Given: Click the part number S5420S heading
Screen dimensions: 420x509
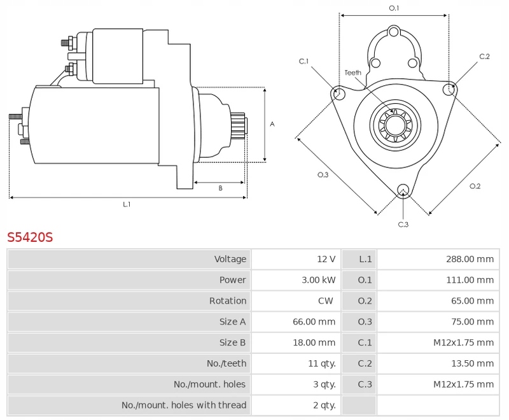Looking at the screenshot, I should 30,238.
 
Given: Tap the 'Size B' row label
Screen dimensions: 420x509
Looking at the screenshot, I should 232,342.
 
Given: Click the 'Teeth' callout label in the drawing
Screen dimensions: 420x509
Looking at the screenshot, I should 353,73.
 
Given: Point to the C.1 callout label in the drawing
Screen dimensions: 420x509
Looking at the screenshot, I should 304,61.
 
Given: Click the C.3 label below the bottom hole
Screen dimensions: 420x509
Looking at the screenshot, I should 403,224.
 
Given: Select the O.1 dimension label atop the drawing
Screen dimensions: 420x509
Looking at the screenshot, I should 394,8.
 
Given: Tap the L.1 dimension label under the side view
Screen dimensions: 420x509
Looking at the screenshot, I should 127,204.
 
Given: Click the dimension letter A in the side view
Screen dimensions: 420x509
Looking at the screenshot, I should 272,124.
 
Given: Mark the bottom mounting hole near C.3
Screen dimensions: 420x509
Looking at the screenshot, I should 402,190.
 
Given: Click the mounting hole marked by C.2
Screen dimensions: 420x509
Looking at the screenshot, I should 450,88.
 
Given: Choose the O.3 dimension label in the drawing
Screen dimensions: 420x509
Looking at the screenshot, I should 323,175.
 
